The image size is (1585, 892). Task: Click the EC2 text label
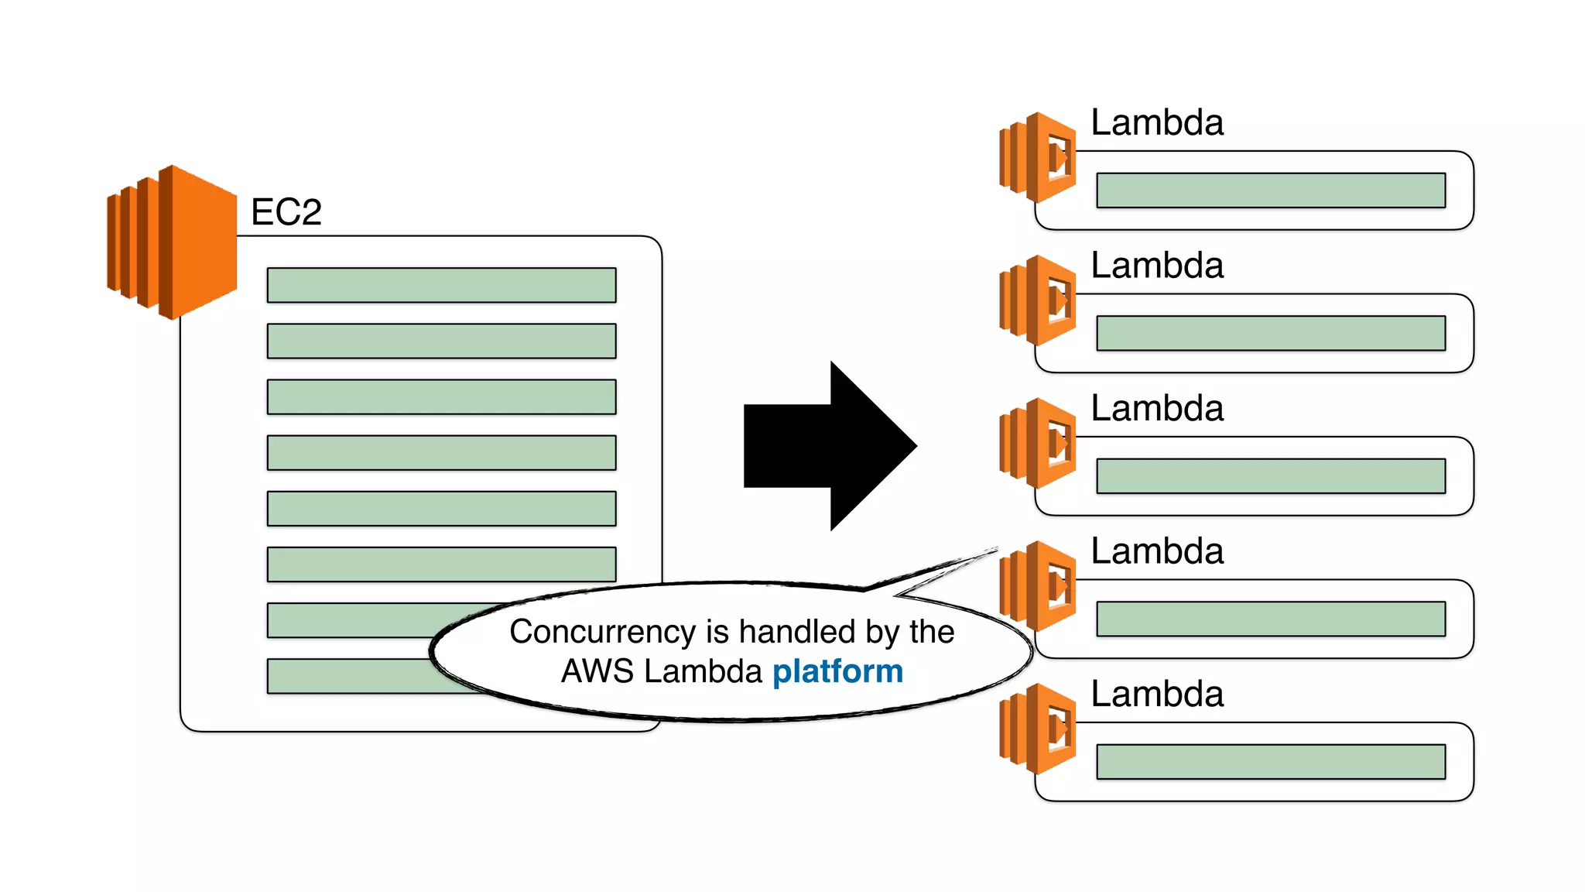(286, 212)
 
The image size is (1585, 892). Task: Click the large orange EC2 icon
(172, 242)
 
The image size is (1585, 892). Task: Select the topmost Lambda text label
(1156, 123)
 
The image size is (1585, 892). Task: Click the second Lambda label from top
(1156, 266)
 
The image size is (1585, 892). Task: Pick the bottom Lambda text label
(1156, 694)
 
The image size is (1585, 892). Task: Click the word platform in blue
(837, 672)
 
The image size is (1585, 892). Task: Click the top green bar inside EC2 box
(441, 285)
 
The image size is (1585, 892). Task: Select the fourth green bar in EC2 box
(441, 453)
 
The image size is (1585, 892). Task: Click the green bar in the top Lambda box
(1271, 190)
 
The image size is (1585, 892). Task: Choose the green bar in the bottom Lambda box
(1271, 762)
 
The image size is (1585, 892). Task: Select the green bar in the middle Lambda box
(1271, 476)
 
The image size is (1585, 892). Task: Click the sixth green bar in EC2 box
(441, 564)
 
